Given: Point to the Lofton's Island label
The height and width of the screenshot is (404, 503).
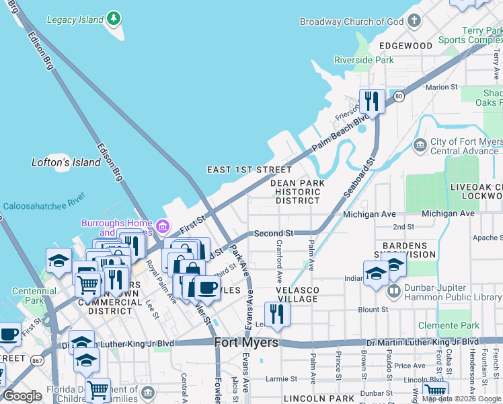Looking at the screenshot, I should point(66,162).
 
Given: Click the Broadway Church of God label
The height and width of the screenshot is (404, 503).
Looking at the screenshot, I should point(352,22).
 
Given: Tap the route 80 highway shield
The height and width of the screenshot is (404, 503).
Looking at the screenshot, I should point(398,96).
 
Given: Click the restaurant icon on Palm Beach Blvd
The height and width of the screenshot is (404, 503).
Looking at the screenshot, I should point(371,101).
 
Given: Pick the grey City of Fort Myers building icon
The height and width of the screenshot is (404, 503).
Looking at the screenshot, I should point(420,145).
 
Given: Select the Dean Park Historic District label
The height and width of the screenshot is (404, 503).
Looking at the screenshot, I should point(297,191).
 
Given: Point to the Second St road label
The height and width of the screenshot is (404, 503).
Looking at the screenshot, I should point(274,234).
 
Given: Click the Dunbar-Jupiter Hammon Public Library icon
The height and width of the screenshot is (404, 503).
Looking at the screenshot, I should point(394,293).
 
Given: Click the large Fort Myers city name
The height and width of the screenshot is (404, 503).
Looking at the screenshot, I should point(246,343).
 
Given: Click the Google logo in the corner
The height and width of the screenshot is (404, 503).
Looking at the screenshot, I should point(22,396).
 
